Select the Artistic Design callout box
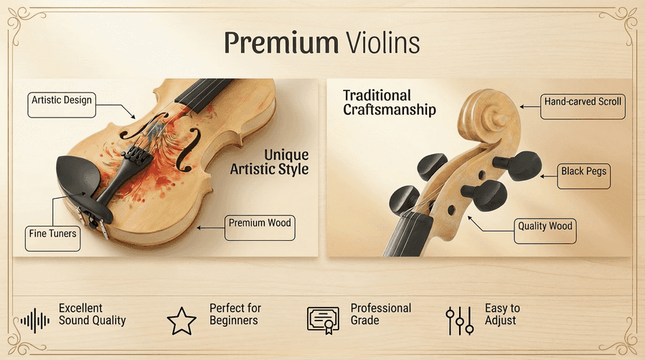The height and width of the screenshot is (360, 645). [62, 100]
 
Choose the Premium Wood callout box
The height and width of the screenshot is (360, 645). [260, 224]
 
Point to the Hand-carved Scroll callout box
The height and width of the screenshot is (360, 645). [583, 103]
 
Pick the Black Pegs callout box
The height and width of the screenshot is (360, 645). [584, 171]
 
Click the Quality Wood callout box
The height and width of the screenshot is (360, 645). [545, 227]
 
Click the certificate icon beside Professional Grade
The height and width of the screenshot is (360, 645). [323, 320]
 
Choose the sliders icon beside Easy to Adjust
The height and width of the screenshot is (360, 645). [459, 320]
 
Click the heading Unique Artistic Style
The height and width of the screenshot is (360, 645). [269, 162]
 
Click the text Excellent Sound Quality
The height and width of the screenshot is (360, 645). [92, 314]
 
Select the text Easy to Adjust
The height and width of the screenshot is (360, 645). [502, 314]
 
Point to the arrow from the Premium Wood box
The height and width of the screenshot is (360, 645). [210, 227]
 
